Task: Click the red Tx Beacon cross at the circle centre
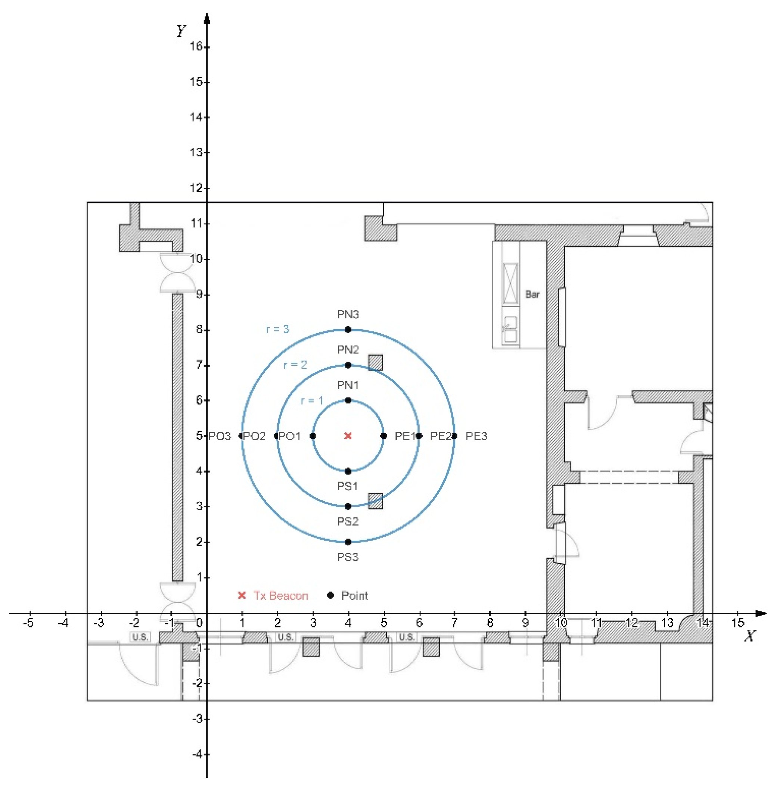(348, 436)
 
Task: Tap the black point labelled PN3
(348, 330)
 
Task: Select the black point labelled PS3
(348, 542)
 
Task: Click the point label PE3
(476, 436)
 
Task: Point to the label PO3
(220, 436)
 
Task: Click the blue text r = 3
(278, 329)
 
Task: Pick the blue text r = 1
(312, 401)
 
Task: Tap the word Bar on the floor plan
(532, 294)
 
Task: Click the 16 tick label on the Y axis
(196, 46)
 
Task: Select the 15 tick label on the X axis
(738, 623)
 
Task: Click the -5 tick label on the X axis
(28, 623)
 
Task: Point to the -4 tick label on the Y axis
(197, 754)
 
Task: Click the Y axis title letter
(181, 31)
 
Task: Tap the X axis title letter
(750, 636)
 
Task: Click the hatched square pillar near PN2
(375, 362)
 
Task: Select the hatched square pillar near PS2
(375, 501)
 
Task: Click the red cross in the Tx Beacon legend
(242, 595)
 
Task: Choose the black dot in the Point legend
(330, 595)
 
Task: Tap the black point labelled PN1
(348, 400)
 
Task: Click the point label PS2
(348, 521)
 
